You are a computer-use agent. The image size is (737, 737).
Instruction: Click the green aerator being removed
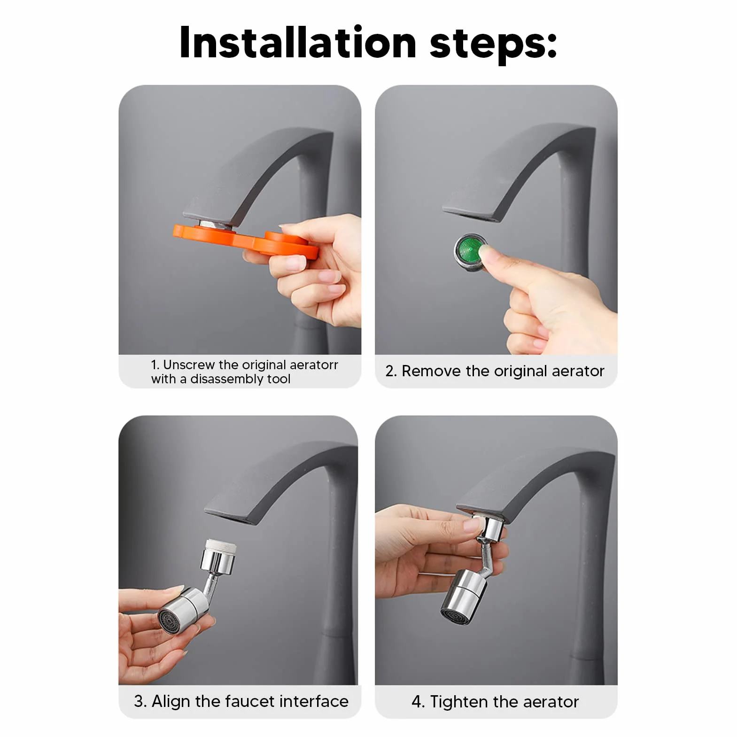pyautogui.click(x=470, y=252)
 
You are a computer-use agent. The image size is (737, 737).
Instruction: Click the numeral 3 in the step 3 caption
pyautogui.click(x=139, y=701)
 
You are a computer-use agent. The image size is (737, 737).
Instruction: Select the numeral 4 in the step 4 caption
pyautogui.click(x=416, y=702)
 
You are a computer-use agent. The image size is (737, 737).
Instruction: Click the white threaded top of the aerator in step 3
pyautogui.click(x=221, y=547)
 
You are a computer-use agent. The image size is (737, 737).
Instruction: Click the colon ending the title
pyautogui.click(x=551, y=46)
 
